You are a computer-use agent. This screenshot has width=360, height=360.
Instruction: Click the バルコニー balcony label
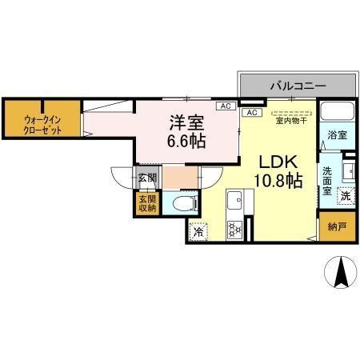click(x=297, y=83)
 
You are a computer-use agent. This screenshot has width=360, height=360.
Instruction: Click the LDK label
click(x=277, y=161)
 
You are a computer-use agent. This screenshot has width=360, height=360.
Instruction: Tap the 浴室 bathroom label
click(x=337, y=136)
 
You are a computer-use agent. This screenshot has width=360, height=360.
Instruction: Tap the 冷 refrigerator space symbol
click(x=198, y=232)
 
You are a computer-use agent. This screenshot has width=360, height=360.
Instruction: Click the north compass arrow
click(x=342, y=273)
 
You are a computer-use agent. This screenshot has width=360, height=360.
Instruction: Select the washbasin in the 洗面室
click(x=350, y=170)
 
